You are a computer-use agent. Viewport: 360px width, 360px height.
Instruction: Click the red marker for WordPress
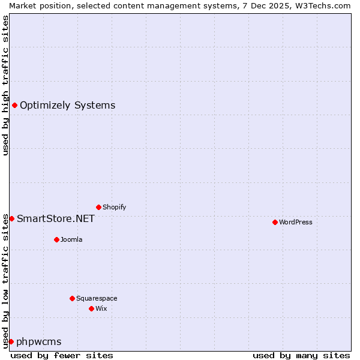275,222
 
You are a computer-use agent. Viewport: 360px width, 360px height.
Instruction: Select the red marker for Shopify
98,207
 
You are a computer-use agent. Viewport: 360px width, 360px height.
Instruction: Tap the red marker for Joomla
56,239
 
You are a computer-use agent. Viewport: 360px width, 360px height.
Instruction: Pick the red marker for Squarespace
72,298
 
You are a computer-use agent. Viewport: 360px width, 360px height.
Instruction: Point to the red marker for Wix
91,308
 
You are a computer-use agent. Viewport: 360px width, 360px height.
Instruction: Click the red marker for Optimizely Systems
14,106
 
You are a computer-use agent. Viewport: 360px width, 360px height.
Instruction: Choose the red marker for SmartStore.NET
11,218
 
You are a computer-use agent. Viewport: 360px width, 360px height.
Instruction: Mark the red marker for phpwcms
11,341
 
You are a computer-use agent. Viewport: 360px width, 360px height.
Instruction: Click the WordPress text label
296,222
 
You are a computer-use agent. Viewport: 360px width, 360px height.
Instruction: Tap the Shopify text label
114,207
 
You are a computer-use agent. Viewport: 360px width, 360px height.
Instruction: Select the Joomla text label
71,239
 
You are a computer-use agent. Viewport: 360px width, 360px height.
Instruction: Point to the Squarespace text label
97,298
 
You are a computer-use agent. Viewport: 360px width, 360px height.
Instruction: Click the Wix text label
101,308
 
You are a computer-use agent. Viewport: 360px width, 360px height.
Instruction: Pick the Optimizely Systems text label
67,106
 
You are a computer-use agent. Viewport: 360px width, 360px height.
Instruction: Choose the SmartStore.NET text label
56,218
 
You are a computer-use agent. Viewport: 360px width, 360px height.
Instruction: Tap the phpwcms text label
39,342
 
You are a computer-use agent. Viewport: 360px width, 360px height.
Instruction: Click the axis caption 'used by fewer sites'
62,355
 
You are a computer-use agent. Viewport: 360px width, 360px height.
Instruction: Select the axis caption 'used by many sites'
301,355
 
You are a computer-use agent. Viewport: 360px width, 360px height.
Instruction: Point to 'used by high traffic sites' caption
5,85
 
